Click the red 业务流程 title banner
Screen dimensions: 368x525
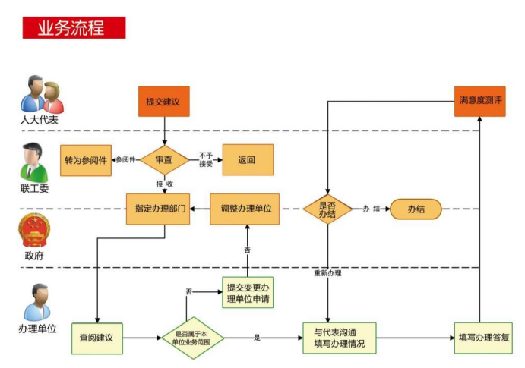(73, 27)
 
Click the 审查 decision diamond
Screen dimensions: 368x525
(163, 160)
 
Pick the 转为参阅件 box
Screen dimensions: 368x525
(85, 160)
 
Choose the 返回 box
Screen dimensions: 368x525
(246, 160)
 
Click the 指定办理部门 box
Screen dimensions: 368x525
(157, 209)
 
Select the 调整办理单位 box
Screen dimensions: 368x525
(245, 209)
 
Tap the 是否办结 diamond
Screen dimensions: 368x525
(327, 209)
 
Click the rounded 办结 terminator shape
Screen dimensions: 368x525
(416, 209)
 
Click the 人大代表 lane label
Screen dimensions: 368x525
(39, 121)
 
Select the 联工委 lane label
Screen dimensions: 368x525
(35, 188)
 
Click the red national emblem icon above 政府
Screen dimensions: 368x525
(34, 230)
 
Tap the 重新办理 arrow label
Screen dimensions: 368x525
(327, 272)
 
